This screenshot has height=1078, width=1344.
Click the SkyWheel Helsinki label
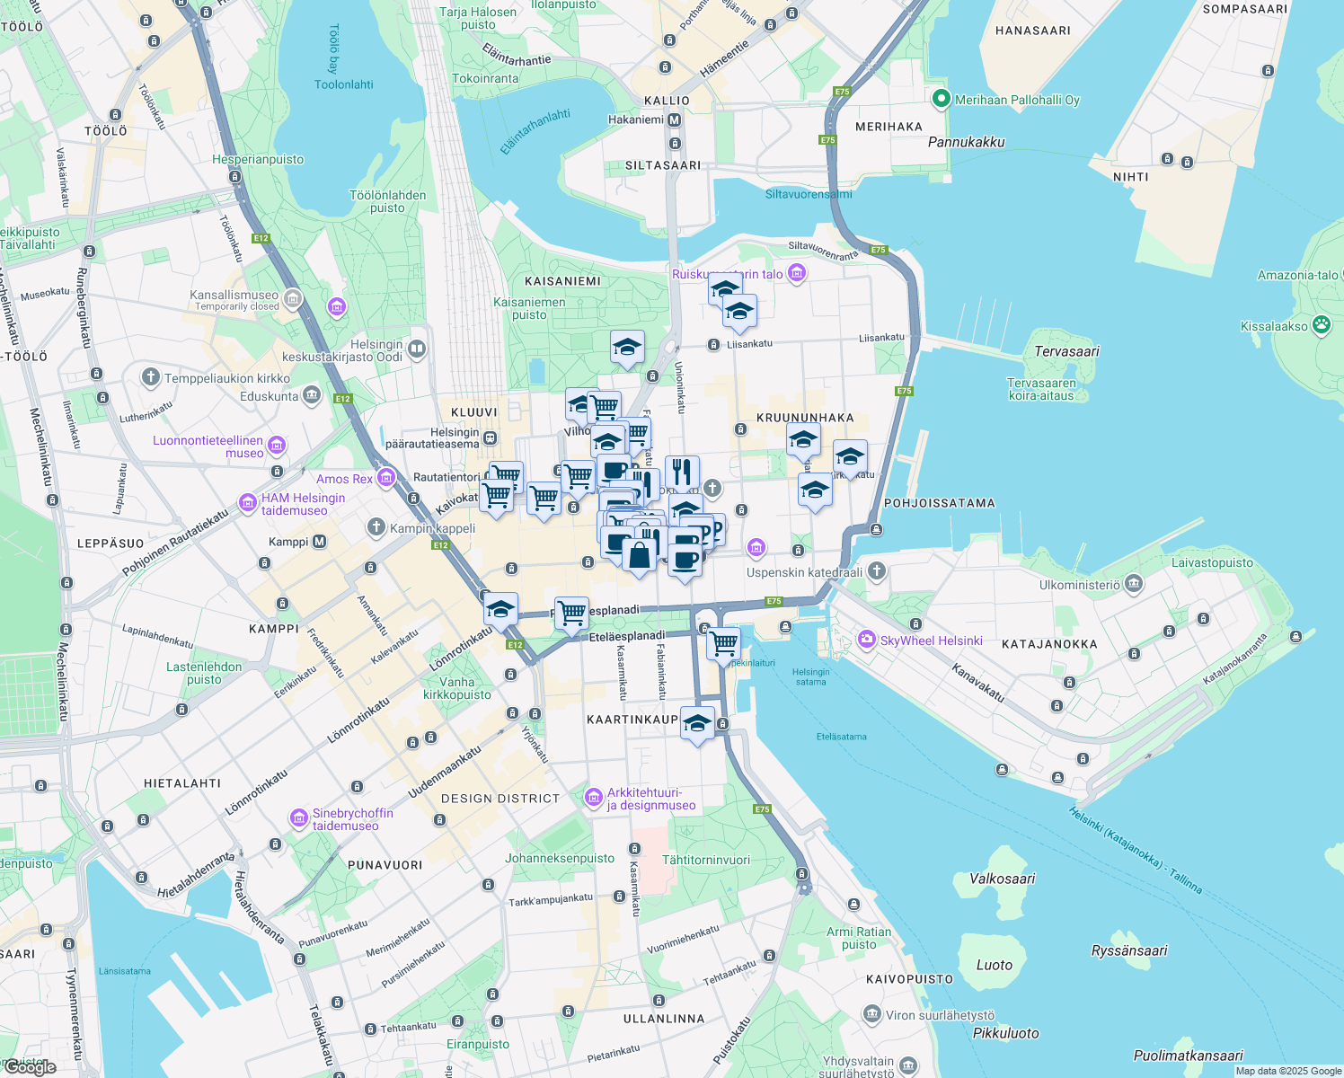[932, 641]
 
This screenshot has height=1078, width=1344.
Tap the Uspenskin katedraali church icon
[877, 571]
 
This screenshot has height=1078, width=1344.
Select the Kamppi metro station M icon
[319, 542]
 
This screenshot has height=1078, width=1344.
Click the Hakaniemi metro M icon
[675, 119]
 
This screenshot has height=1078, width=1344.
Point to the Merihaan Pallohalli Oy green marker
[942, 99]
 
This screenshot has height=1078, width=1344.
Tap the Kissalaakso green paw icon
[1321, 325]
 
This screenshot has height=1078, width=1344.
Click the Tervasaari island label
[1066, 351]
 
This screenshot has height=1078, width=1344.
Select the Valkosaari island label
[1002, 879]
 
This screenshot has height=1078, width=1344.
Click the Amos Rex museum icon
[386, 477]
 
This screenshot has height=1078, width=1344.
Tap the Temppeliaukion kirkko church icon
[151, 377]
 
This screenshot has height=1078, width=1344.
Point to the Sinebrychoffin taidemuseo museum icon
[299, 818]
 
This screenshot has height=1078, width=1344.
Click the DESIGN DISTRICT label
[500, 799]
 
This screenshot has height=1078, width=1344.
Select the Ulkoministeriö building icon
[1134, 584]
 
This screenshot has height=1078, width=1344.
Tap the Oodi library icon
[416, 349]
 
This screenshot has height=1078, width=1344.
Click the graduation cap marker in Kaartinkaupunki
[697, 722]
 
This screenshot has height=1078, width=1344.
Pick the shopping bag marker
[639, 555]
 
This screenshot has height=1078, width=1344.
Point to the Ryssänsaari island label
[1128, 950]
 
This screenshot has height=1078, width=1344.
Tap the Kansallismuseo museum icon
[292, 298]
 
